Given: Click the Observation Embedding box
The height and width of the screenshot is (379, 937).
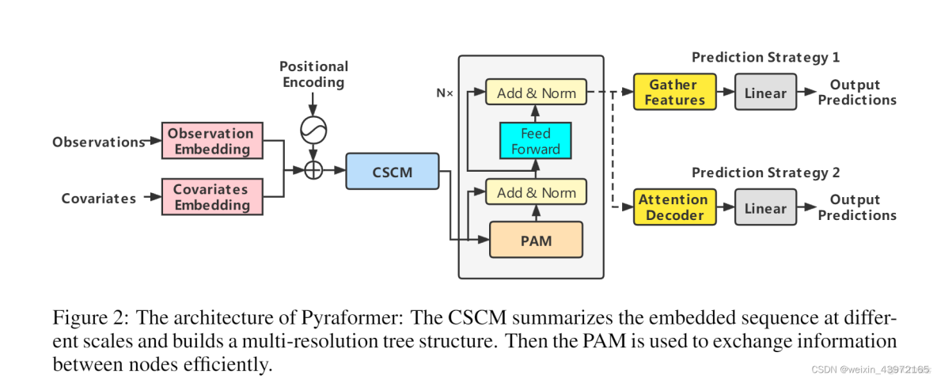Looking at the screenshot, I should click(x=210, y=142).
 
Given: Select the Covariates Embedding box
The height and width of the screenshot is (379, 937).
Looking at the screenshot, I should click(x=210, y=197).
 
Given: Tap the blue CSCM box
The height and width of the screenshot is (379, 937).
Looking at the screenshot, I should click(x=392, y=171).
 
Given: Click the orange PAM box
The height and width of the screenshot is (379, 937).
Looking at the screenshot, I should click(x=536, y=239).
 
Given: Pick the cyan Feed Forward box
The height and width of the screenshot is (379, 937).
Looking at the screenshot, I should click(x=535, y=141).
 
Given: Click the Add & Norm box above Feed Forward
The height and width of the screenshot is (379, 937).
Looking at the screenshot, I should click(x=536, y=93).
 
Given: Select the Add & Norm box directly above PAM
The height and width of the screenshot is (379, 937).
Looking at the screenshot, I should click(x=536, y=192).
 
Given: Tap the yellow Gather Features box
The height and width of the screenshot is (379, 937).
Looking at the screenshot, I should click(x=674, y=93).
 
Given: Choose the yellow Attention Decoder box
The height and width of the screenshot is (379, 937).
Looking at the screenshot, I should click(x=673, y=207).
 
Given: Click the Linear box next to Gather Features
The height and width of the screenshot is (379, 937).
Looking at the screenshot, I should click(x=765, y=93).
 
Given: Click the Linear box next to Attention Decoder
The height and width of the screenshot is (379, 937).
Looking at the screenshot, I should click(x=765, y=207).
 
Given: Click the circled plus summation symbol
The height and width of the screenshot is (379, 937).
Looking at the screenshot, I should click(x=314, y=170).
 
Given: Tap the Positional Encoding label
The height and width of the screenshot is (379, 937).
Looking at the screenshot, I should click(x=313, y=74).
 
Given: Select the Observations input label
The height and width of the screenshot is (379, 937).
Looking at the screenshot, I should click(x=98, y=142).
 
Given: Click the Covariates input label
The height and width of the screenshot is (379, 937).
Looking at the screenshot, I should click(x=99, y=198).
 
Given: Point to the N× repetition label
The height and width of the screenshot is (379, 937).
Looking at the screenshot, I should click(x=445, y=93).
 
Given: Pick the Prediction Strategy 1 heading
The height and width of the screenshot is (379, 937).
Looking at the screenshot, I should click(x=765, y=57).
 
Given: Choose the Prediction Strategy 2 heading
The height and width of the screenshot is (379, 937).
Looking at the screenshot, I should click(x=765, y=172).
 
